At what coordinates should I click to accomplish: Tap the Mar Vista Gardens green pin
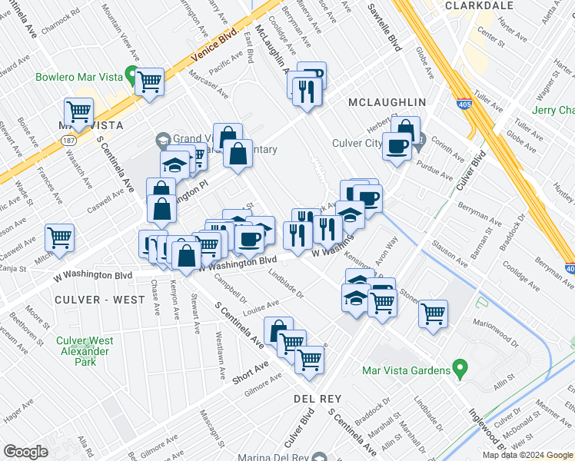coord(460,370)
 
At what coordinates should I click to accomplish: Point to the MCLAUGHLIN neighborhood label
coord(386,102)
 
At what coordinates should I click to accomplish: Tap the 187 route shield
coord(68,141)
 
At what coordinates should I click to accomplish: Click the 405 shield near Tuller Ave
coord(467,104)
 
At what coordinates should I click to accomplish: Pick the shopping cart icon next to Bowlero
coord(149,81)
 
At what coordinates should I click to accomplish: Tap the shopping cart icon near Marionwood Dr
coord(433,313)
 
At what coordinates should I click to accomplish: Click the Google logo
coord(25,452)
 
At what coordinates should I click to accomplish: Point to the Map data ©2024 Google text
coord(527,455)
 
